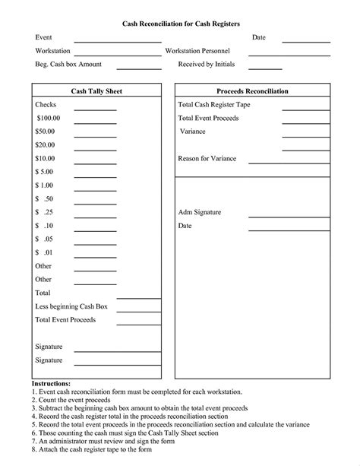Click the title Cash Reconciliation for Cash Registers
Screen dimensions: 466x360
point(181,24)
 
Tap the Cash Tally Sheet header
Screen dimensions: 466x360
point(96,91)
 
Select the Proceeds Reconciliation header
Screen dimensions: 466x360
point(252,91)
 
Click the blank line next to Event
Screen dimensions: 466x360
point(117,42)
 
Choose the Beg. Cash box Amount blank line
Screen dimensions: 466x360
point(138,68)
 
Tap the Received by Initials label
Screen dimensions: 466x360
point(207,65)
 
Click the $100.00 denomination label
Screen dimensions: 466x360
point(48,119)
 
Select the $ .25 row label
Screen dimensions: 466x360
point(44,212)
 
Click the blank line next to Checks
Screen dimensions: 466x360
point(95,110)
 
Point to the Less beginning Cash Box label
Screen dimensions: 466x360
point(71,306)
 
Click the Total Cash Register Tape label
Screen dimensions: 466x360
point(213,105)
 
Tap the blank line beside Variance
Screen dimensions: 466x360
point(305,137)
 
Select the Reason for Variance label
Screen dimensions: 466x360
point(207,158)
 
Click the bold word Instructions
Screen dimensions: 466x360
point(51,384)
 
